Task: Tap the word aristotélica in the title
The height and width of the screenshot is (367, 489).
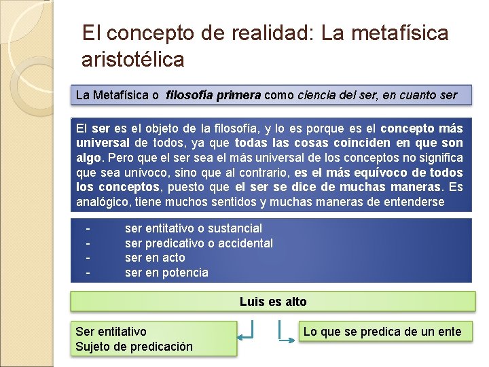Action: point(132,59)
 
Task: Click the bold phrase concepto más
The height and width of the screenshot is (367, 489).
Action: point(422,128)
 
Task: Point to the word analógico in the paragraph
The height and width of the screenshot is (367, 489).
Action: point(103,202)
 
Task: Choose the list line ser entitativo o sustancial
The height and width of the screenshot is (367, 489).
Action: point(193,228)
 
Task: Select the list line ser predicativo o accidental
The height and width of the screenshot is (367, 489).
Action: point(198,243)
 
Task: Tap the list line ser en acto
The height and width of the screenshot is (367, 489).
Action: point(155,258)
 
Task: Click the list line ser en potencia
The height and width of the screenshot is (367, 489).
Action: point(166,273)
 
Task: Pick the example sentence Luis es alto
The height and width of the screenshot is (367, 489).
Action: point(273,302)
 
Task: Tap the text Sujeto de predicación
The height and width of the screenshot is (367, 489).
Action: point(134,347)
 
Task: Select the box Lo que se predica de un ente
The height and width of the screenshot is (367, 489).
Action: point(382,332)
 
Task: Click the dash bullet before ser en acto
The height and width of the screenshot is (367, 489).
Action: point(88,258)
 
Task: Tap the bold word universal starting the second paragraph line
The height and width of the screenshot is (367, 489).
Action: point(103,143)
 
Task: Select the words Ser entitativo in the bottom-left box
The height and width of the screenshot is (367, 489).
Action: point(111,332)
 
